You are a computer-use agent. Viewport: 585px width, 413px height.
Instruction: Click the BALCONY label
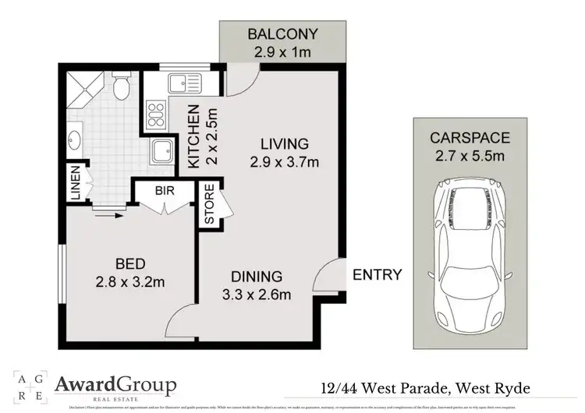pos(282,34)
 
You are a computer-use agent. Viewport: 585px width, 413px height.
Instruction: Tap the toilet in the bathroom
pos(122,88)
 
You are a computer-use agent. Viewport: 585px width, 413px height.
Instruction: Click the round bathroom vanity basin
pos(75,142)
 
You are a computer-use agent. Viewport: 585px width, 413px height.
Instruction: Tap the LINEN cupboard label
pos(76,185)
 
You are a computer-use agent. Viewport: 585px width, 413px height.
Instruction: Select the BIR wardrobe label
pos(164,189)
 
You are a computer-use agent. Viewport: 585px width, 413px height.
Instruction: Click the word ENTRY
pos(378,274)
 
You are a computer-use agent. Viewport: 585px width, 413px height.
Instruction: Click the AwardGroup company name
pos(115,384)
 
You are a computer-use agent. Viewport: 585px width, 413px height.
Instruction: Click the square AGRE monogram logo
pos(26,385)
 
